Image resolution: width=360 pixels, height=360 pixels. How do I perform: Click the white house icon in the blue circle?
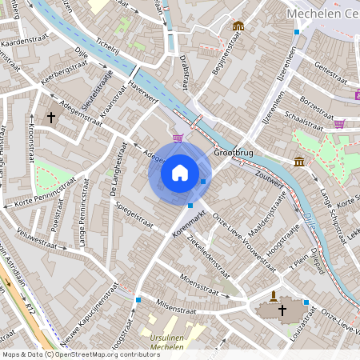[x=180, y=173]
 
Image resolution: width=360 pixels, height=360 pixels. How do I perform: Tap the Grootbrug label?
[x=232, y=152]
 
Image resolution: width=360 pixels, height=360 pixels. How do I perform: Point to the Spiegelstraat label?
[x=134, y=214]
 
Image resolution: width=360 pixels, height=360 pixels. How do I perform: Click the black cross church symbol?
[x=52, y=118]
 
